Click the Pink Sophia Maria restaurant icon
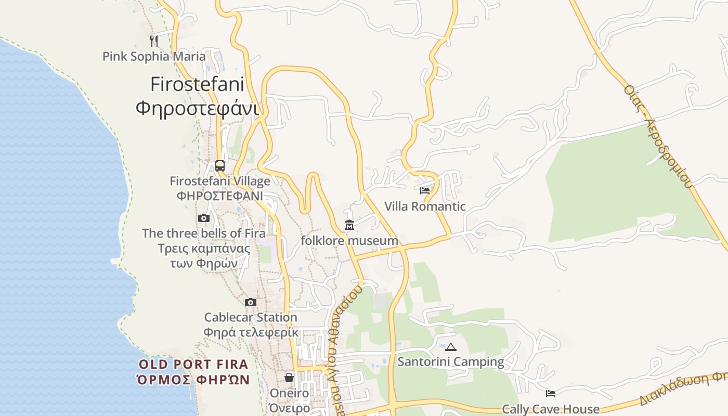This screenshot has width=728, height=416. click(x=154, y=41)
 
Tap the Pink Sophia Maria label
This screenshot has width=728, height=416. click(x=154, y=56)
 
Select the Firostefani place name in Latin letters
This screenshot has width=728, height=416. click(x=198, y=84)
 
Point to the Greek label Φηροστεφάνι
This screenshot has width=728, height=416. click(x=198, y=109)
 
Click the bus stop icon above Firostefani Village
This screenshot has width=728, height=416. click(x=220, y=166)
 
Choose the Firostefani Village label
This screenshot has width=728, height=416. click(x=220, y=181)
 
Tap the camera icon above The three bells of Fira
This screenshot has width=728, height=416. click(x=204, y=218)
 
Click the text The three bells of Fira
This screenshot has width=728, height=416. click(x=204, y=233)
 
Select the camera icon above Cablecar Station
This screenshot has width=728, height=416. click(x=251, y=302)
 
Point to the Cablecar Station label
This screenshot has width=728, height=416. click(x=251, y=317)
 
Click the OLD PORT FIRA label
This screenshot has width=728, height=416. click(x=193, y=364)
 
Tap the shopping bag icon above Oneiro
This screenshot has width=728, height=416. click(x=289, y=378)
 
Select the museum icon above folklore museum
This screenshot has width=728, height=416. click(x=349, y=225)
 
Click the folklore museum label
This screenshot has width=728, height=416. click(x=349, y=241)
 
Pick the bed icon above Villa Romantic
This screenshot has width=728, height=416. click(x=425, y=191)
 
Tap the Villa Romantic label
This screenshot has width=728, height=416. click(x=425, y=206)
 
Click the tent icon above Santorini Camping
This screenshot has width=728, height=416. click(x=451, y=347)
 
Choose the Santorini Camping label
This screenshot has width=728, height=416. click(x=451, y=362)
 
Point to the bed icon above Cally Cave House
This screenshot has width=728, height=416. click(x=551, y=394)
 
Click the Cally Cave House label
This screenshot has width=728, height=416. click(x=551, y=409)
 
